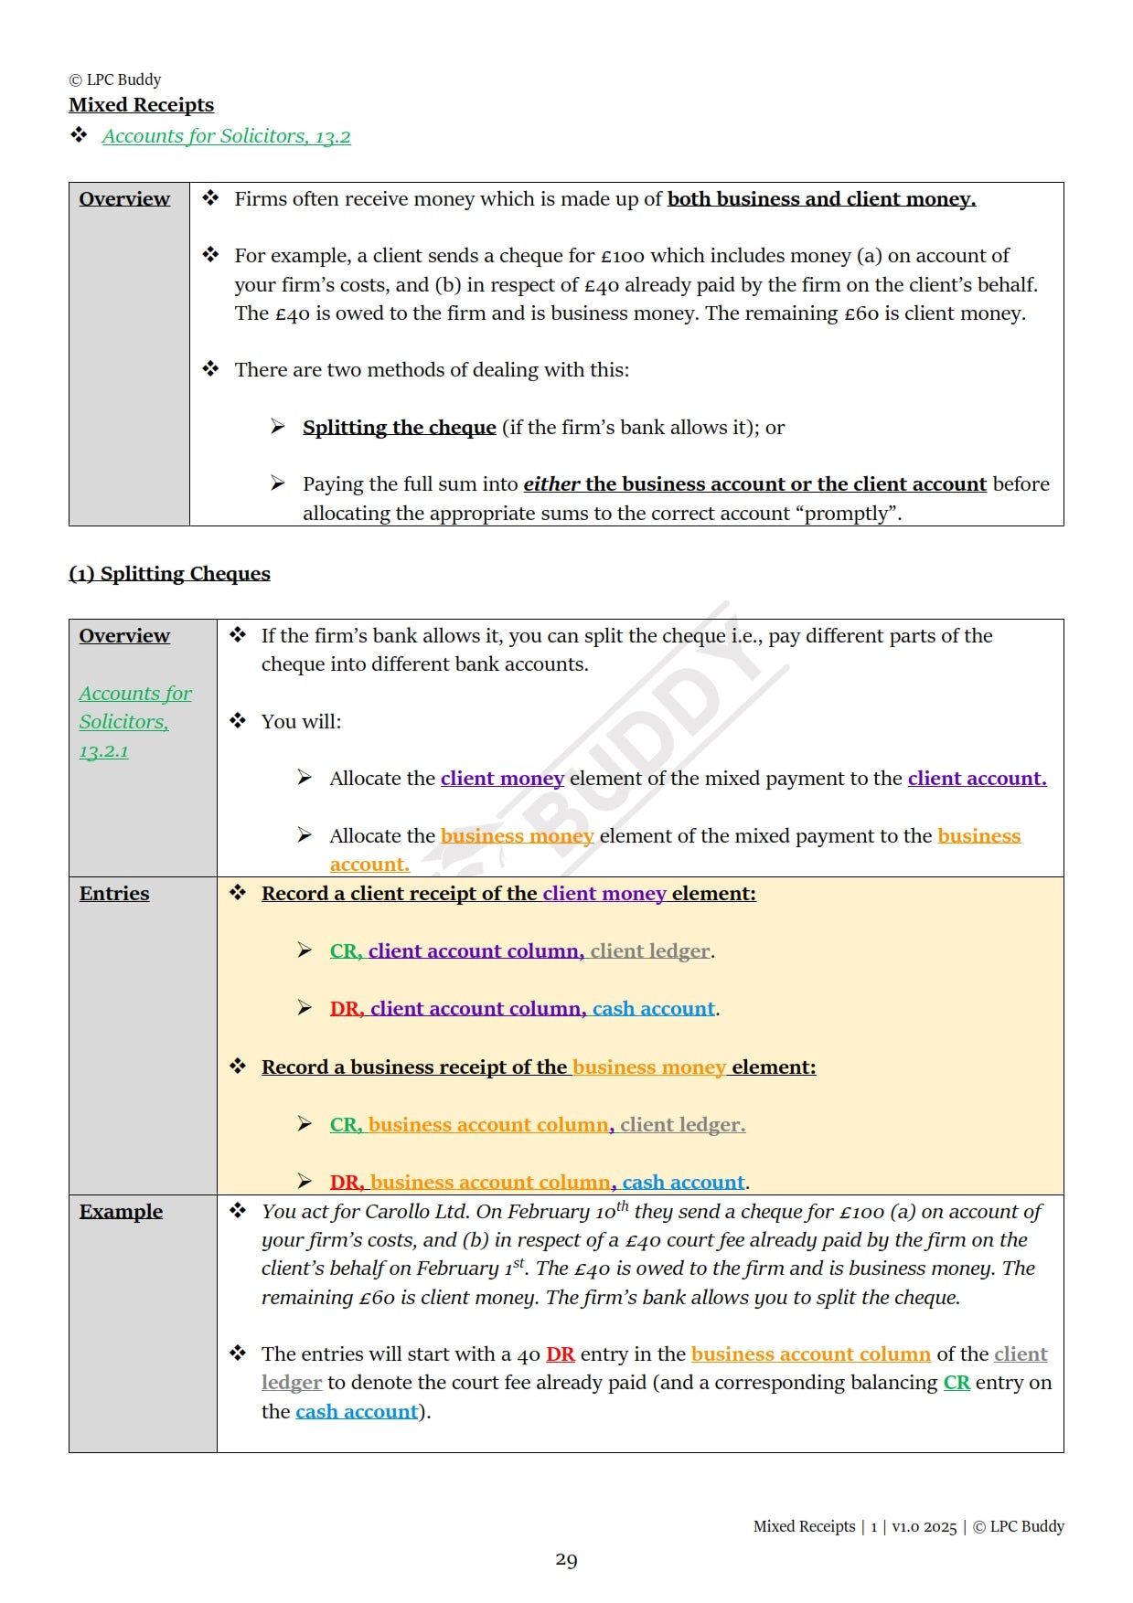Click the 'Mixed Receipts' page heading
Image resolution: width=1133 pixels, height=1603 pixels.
141,105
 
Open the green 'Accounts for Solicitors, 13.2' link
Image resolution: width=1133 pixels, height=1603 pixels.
226,136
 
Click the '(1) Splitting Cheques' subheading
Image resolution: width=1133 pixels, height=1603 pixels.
169,574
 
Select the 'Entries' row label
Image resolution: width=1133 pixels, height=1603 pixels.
114,894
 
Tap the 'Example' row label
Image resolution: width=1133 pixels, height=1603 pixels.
121,1212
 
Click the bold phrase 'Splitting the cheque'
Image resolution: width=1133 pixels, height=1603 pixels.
399,428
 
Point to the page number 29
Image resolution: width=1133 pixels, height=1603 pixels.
566,1560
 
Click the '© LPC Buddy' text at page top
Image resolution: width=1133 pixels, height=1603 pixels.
115,80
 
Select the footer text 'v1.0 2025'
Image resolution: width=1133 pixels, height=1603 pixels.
924,1526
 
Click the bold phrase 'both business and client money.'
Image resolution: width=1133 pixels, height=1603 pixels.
821,199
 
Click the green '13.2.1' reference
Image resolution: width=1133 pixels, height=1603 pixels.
103,751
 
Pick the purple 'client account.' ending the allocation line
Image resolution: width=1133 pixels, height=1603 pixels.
977,779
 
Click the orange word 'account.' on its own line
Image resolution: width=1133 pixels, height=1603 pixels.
369,865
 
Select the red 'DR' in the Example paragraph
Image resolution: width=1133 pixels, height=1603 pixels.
560,1354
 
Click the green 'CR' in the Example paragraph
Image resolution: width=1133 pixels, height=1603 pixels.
957,1383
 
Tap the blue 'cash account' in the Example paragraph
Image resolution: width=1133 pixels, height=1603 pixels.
357,1412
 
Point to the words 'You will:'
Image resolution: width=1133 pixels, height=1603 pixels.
301,722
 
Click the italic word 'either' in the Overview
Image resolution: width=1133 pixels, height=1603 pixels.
551,484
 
